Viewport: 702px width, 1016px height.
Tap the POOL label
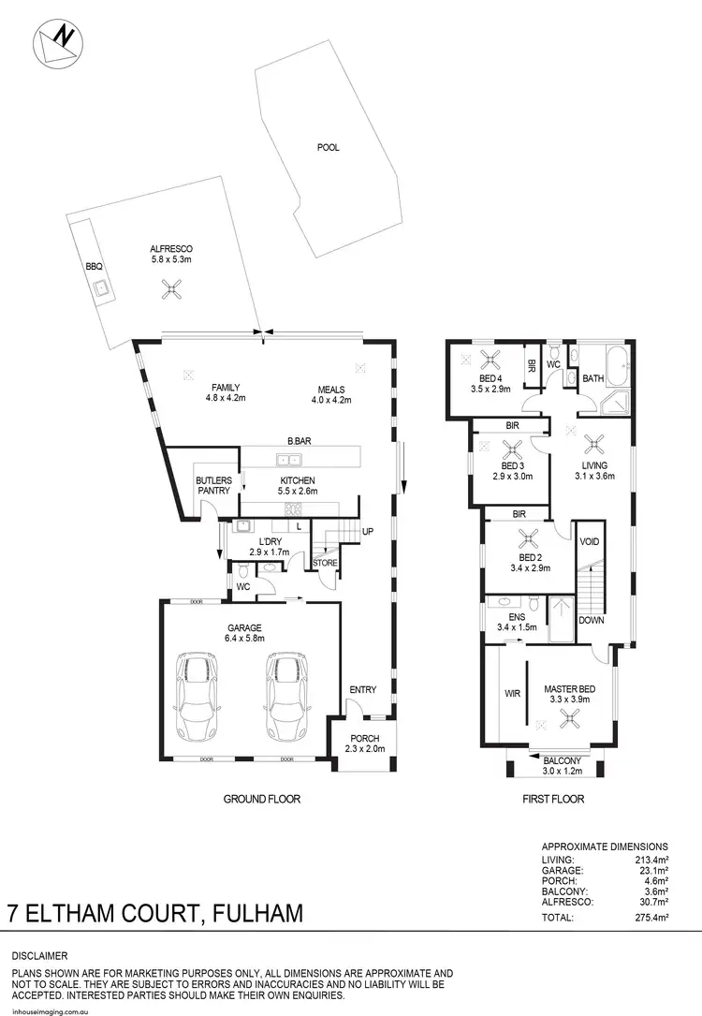click(328, 147)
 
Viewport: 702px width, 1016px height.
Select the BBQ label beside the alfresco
click(94, 266)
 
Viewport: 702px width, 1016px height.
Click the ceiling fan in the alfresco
click(170, 289)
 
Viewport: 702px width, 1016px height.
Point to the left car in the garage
click(197, 696)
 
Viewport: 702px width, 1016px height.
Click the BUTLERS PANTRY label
click(212, 486)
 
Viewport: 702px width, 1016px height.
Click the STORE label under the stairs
click(325, 563)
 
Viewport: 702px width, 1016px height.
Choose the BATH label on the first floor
click(593, 378)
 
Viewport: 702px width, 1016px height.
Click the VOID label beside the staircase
click(590, 542)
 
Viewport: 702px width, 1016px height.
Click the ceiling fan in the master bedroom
click(568, 718)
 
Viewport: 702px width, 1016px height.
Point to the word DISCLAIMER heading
click(39, 956)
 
